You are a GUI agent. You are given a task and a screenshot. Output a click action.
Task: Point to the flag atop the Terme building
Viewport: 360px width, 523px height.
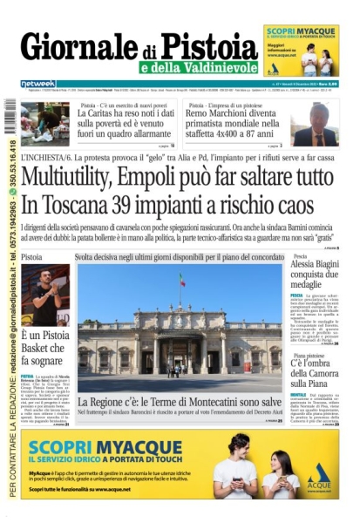[x=181, y=281]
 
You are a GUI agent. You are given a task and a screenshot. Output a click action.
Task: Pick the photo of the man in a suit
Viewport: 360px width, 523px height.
[x=316, y=123]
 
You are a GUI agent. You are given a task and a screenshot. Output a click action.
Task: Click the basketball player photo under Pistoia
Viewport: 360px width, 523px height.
[x=44, y=296]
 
